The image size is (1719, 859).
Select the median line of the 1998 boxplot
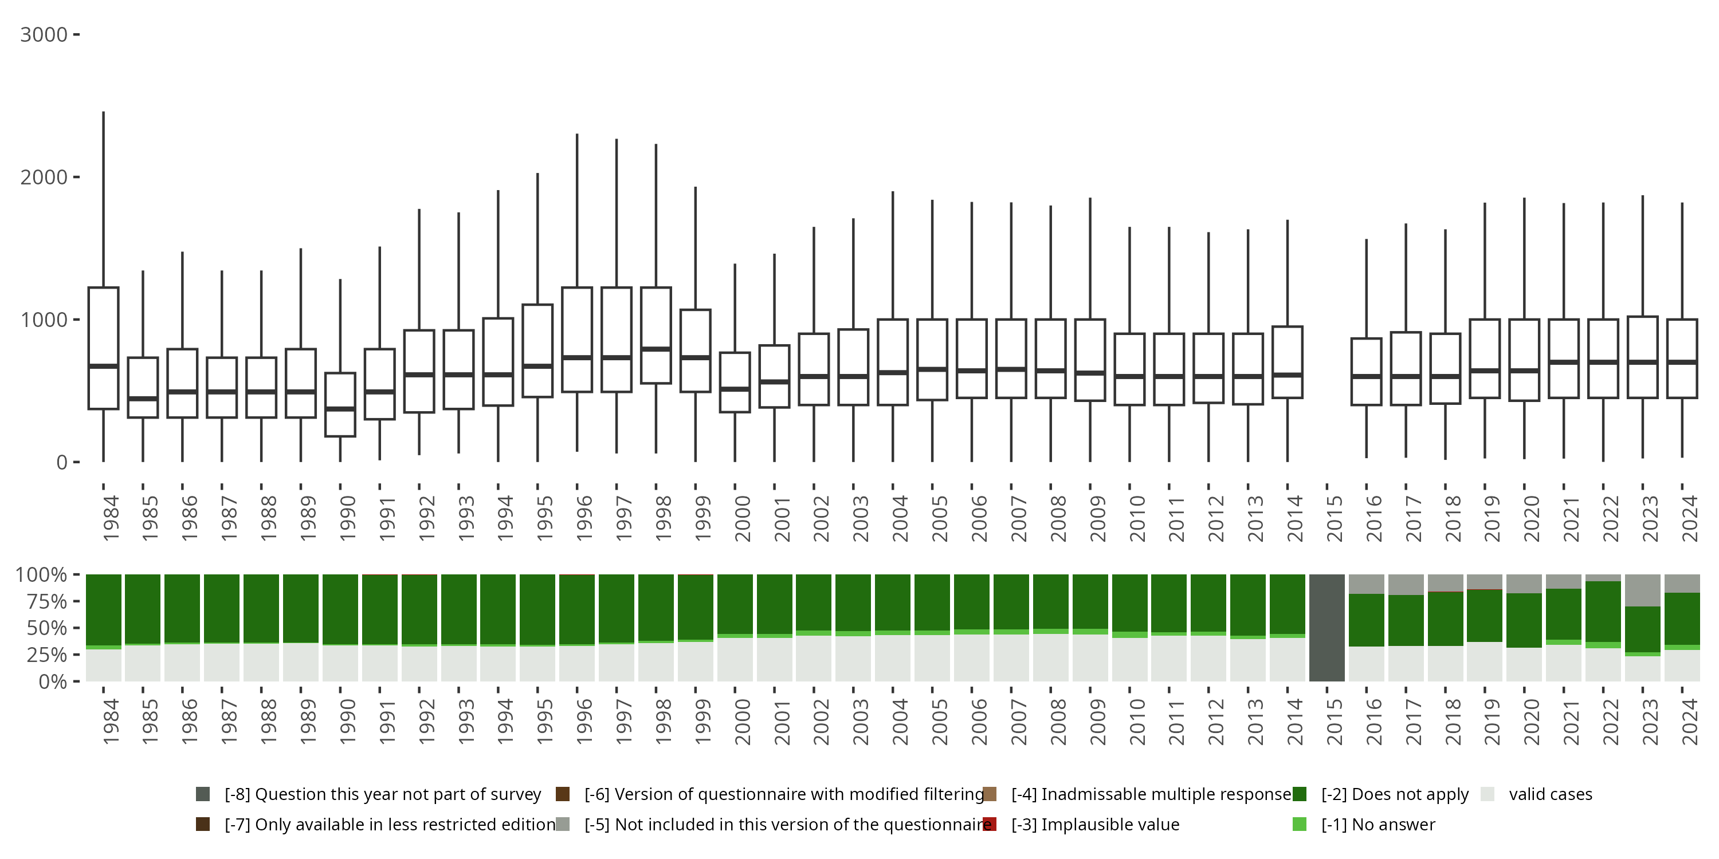click(656, 349)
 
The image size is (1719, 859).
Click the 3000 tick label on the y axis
click(44, 35)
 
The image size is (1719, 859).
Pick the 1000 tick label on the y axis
click(44, 320)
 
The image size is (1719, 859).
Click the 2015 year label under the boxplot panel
click(1333, 519)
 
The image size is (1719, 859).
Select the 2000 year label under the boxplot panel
click(741, 519)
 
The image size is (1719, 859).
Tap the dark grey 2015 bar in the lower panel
click(1326, 628)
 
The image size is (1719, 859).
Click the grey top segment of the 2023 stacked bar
click(1643, 590)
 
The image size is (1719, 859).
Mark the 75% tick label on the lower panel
click(41, 601)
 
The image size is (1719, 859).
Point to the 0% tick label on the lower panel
click(52, 681)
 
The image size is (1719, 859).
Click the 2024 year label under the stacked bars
click(1689, 722)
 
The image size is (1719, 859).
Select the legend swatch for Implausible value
click(990, 824)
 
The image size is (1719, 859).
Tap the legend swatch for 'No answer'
click(1299, 824)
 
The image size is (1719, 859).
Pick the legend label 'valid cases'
click(1550, 794)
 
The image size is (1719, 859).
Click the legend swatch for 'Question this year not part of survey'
click(203, 794)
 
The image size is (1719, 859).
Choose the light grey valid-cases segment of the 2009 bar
click(1090, 657)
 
